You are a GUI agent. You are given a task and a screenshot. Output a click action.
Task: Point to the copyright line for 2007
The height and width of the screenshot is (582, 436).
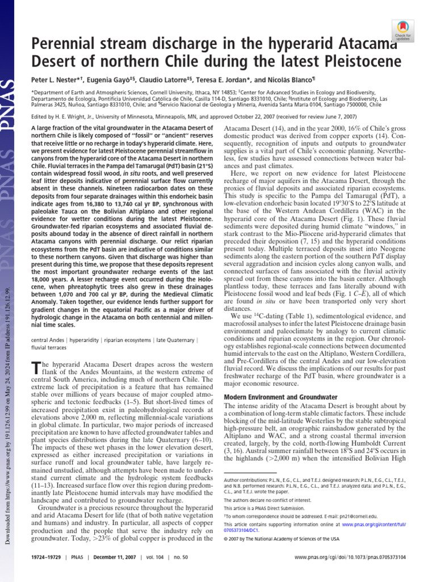coord(281,538)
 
